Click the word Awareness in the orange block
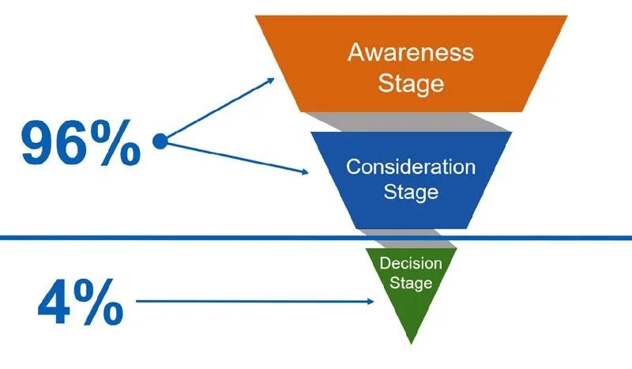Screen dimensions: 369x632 [x=411, y=53]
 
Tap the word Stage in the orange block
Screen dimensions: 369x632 [x=411, y=83]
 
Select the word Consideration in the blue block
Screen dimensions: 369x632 [x=411, y=167]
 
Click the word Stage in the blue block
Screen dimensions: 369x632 [x=411, y=191]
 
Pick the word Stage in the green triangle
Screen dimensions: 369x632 [x=411, y=282]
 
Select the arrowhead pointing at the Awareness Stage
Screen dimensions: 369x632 [x=271, y=80]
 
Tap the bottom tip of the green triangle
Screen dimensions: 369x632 [x=411, y=342]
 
